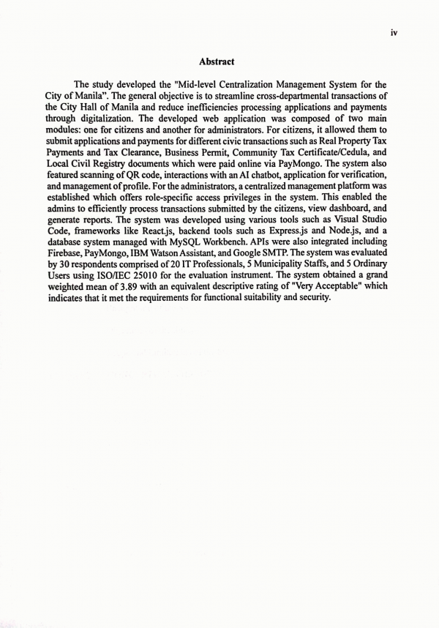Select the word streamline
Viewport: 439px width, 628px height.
255,96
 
